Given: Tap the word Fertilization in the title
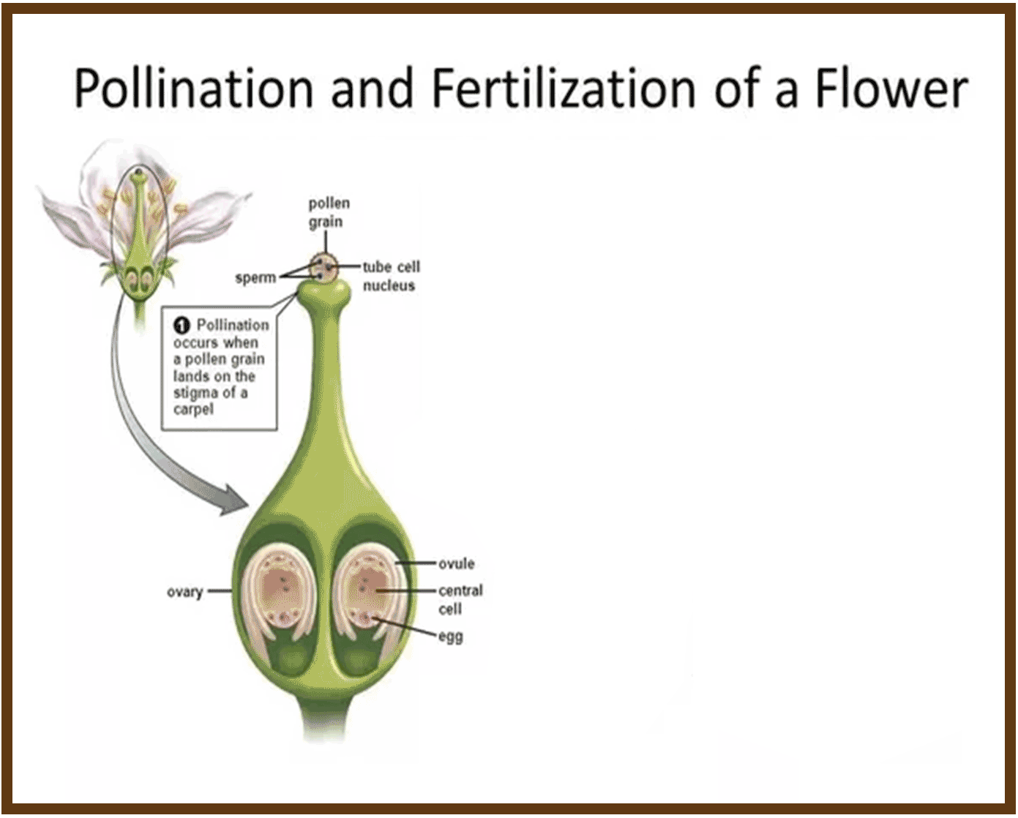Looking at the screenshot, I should coord(562,89).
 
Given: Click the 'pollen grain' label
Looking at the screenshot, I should coord(328,212).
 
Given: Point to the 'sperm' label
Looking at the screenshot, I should coord(255,278).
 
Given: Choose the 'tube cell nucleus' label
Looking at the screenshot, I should coord(391,276).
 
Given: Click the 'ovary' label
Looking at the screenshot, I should coord(184,591).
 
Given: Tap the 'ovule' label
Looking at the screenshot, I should coord(456,564).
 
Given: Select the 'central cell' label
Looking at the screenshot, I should coord(460,599).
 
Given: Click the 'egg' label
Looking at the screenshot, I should coord(451,637).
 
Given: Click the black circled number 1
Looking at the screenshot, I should coord(181,325).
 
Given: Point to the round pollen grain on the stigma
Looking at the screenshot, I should coord(323,268).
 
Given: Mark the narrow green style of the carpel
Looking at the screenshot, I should coord(323,380).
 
